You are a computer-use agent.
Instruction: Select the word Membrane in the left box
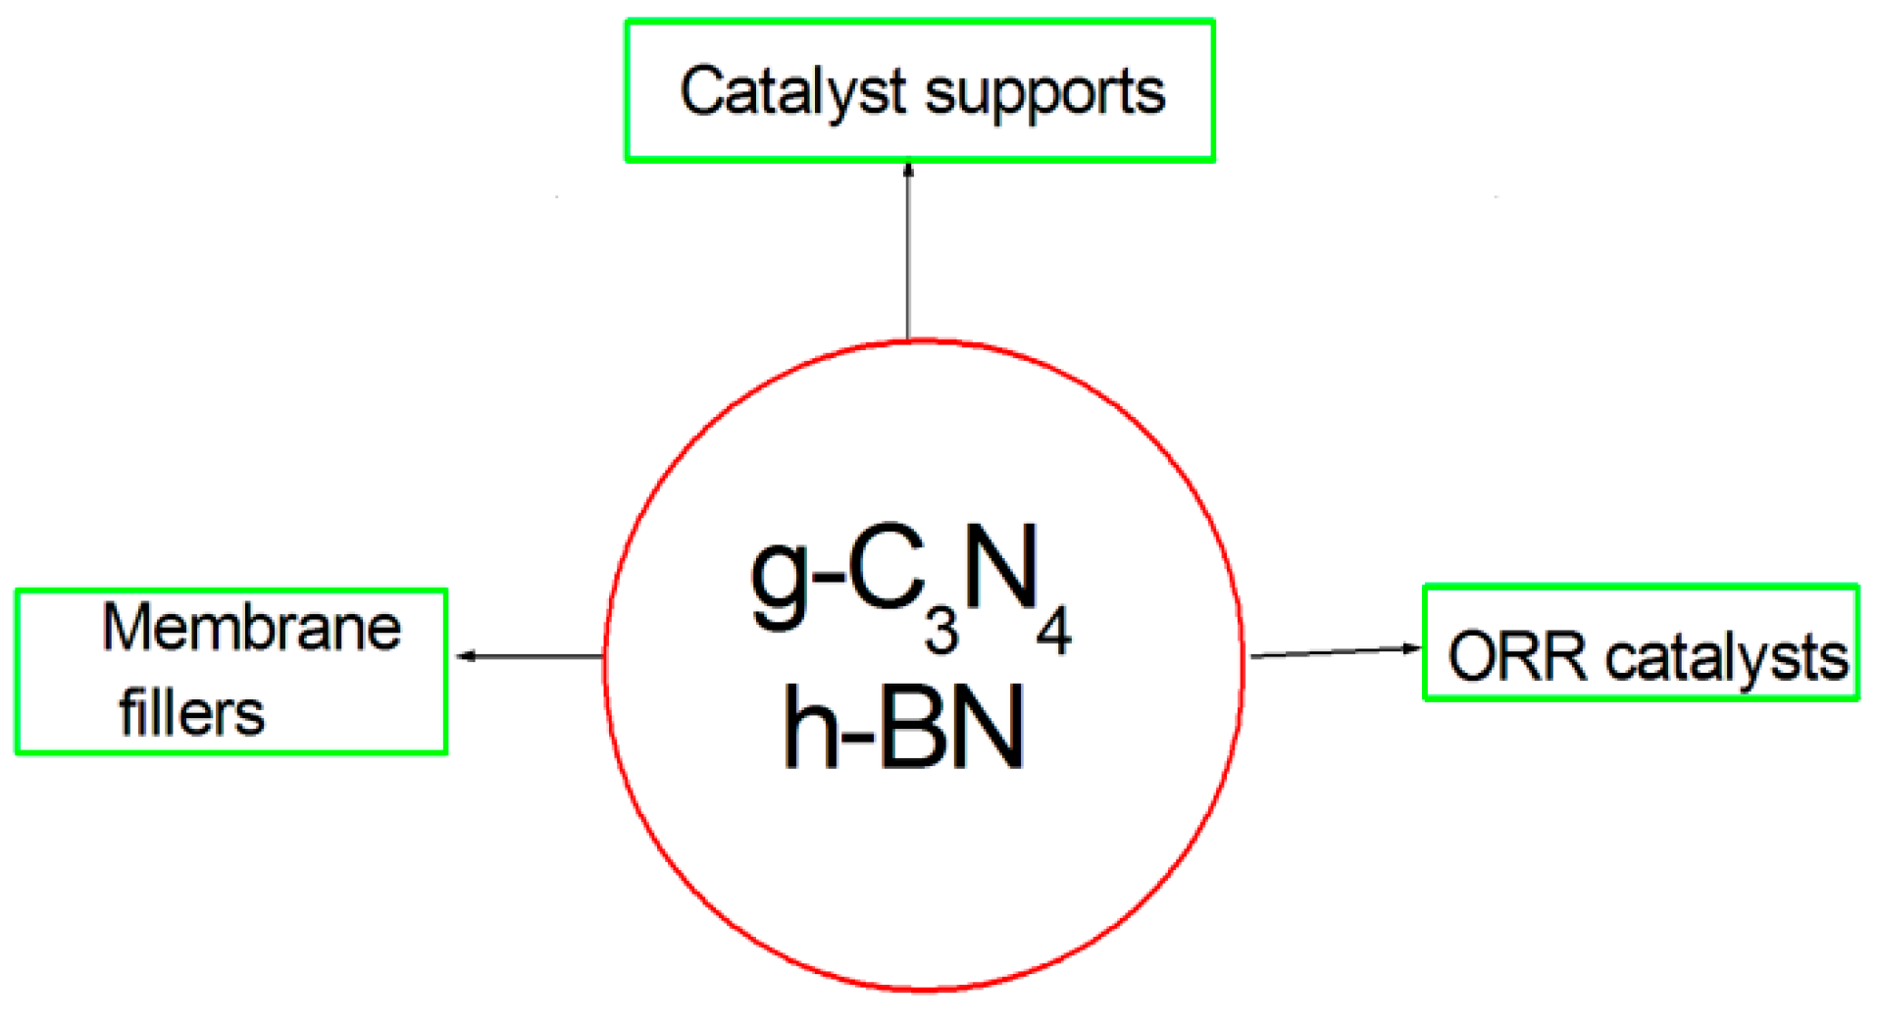pyautogui.click(x=252, y=628)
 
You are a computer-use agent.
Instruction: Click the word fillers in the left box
pyautogui.click(x=192, y=713)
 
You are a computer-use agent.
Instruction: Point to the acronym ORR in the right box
pyautogui.click(x=1517, y=656)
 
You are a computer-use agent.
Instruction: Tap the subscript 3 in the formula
pyautogui.click(x=941, y=632)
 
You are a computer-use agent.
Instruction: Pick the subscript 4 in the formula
pyautogui.click(x=1054, y=632)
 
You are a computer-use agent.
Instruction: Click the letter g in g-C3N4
pyautogui.click(x=781, y=579)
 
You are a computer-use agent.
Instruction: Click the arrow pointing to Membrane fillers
pyautogui.click(x=530, y=655)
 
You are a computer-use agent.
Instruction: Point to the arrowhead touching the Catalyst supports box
pyautogui.click(x=908, y=170)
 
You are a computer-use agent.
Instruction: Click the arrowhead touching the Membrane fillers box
pyautogui.click(x=465, y=655)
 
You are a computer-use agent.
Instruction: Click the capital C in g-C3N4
pyautogui.click(x=887, y=569)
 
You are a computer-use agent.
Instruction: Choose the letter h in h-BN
pyautogui.click(x=810, y=728)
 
